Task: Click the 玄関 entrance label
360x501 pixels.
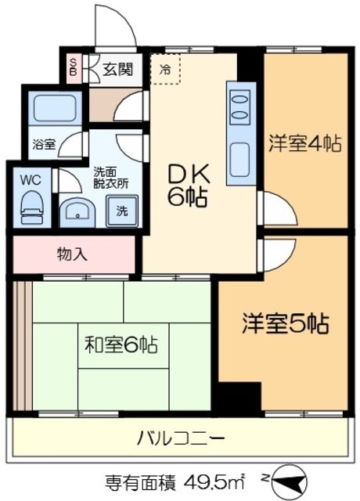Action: tap(117, 69)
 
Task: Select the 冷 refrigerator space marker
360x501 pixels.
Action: tap(165, 69)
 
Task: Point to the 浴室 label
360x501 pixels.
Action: tap(44, 144)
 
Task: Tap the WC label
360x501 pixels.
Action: tap(31, 179)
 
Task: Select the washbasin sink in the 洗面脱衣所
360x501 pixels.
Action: tap(77, 210)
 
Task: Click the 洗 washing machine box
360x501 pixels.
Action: tap(121, 211)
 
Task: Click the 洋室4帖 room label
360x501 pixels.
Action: tap(305, 144)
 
